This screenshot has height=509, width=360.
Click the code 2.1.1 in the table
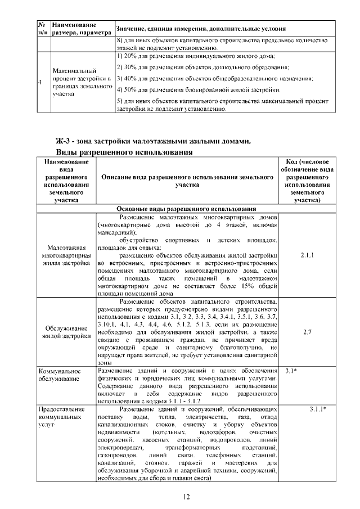click(307, 255)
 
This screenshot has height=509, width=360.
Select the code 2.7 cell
click(307, 332)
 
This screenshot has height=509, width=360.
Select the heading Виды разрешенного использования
click(124, 152)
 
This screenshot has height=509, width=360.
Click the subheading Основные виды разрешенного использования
click(186, 209)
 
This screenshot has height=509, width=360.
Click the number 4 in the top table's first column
click(40, 83)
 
